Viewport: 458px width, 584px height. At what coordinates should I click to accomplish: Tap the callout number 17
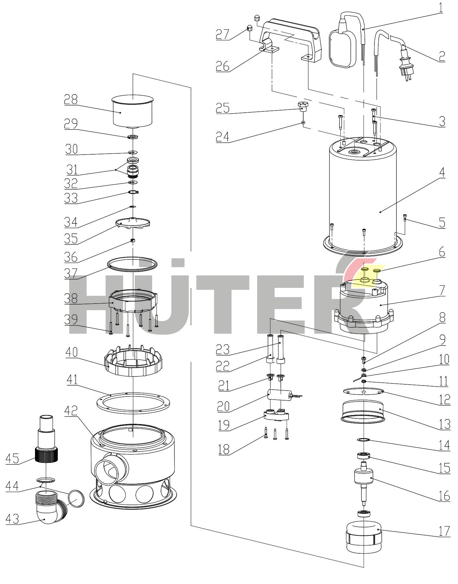pos(444,531)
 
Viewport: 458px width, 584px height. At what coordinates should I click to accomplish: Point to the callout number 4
pos(441,172)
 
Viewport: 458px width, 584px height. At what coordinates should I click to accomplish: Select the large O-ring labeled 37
pos(132,263)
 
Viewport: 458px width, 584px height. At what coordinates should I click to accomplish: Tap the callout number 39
pos(71,320)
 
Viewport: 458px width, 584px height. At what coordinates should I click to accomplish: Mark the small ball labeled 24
pos(303,123)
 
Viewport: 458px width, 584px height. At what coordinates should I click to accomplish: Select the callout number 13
pos(444,424)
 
